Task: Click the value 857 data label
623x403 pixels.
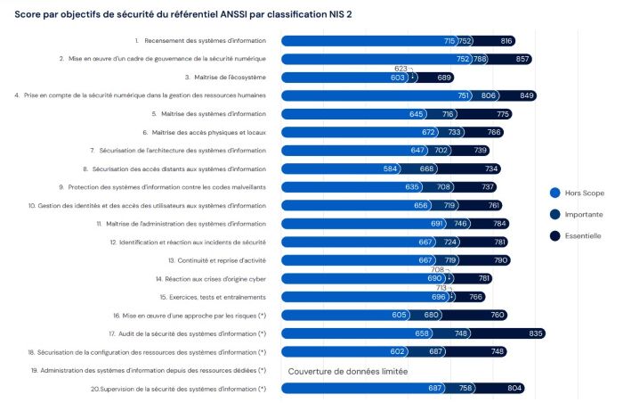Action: click(x=522, y=59)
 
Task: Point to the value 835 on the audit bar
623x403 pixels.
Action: click(x=536, y=333)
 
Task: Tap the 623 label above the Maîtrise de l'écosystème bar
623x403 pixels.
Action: click(x=400, y=68)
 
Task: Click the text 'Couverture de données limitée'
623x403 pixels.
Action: click(x=348, y=370)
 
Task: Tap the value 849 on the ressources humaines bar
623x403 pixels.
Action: click(x=527, y=95)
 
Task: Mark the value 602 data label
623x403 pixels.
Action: click(x=397, y=351)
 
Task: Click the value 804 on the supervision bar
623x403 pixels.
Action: click(x=514, y=388)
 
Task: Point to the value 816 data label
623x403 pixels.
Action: click(x=506, y=41)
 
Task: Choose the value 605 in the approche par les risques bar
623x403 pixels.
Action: click(x=399, y=315)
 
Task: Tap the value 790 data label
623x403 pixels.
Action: click(x=501, y=260)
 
